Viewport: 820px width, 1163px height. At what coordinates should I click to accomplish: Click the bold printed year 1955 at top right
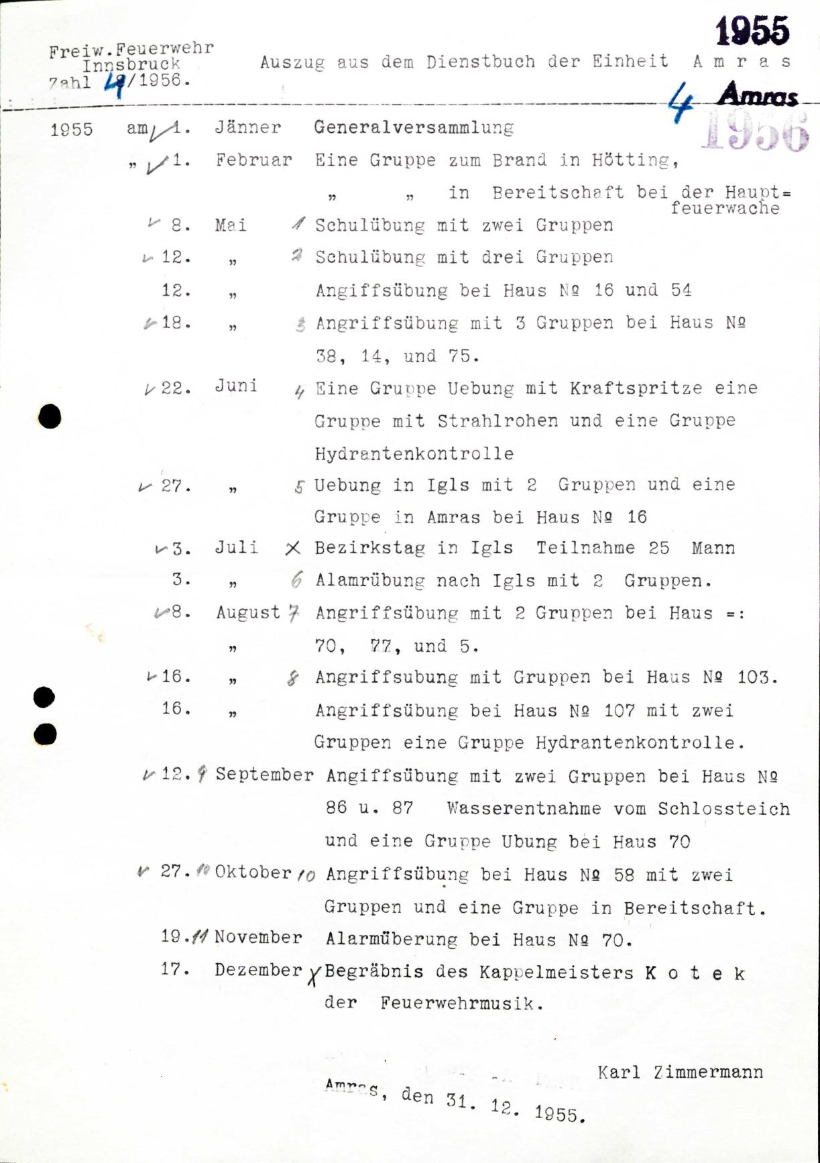point(752,32)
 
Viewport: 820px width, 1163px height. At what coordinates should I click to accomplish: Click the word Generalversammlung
point(414,127)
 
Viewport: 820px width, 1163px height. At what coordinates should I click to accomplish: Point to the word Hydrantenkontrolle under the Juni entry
point(414,453)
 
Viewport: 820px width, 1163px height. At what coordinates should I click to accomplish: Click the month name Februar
point(253,160)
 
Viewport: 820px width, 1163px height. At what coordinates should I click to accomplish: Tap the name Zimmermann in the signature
point(708,1072)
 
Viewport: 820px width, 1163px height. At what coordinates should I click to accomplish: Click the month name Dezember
point(258,970)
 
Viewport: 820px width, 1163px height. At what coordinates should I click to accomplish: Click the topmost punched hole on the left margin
point(50,417)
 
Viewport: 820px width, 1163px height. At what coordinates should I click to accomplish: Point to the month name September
point(264,775)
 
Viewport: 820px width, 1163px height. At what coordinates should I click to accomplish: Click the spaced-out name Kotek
point(695,973)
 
